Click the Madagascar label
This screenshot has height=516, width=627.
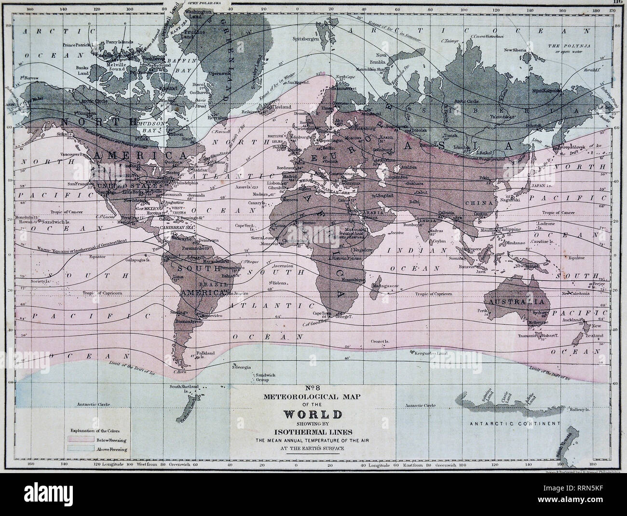384,286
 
